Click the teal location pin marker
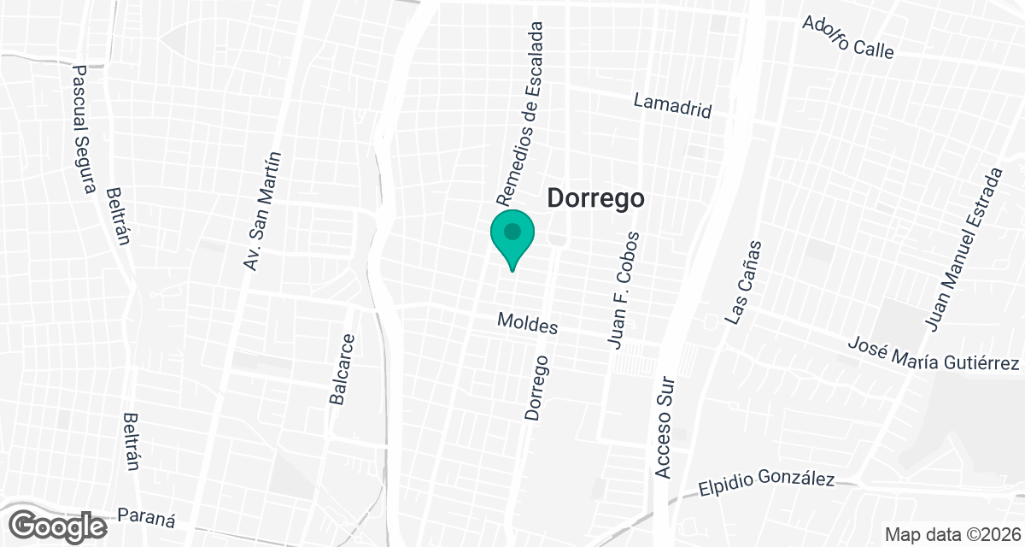512,238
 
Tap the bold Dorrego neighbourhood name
594,199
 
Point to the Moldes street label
528,325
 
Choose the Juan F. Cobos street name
622,291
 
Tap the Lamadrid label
672,106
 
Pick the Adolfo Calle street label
847,37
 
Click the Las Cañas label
742,282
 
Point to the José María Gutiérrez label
934,354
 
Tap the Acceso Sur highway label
665,427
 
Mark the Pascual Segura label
83,130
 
